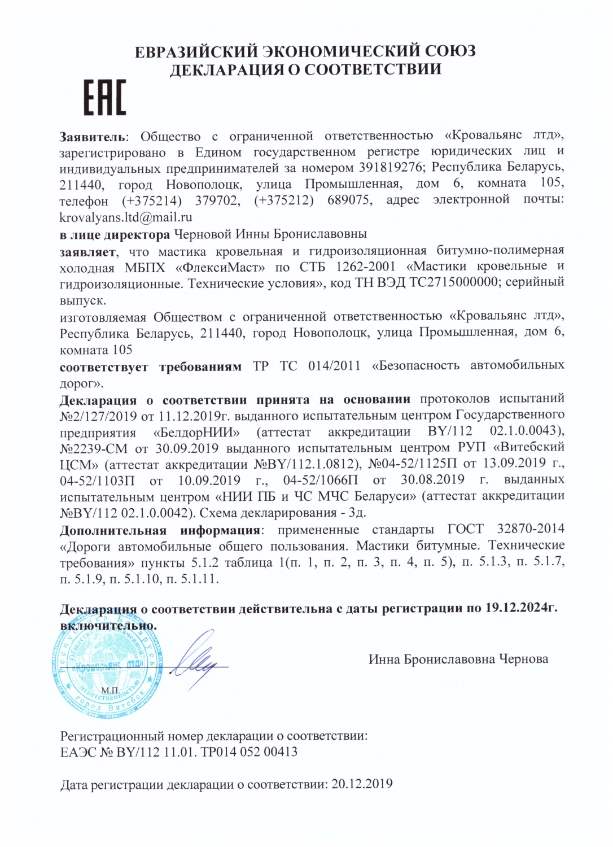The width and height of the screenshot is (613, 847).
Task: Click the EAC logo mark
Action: coord(105,98)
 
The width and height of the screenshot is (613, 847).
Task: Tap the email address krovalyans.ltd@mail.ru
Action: coord(126,217)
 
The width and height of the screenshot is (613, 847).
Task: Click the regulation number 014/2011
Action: coord(334,365)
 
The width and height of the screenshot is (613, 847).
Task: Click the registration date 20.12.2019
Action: coord(361,784)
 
